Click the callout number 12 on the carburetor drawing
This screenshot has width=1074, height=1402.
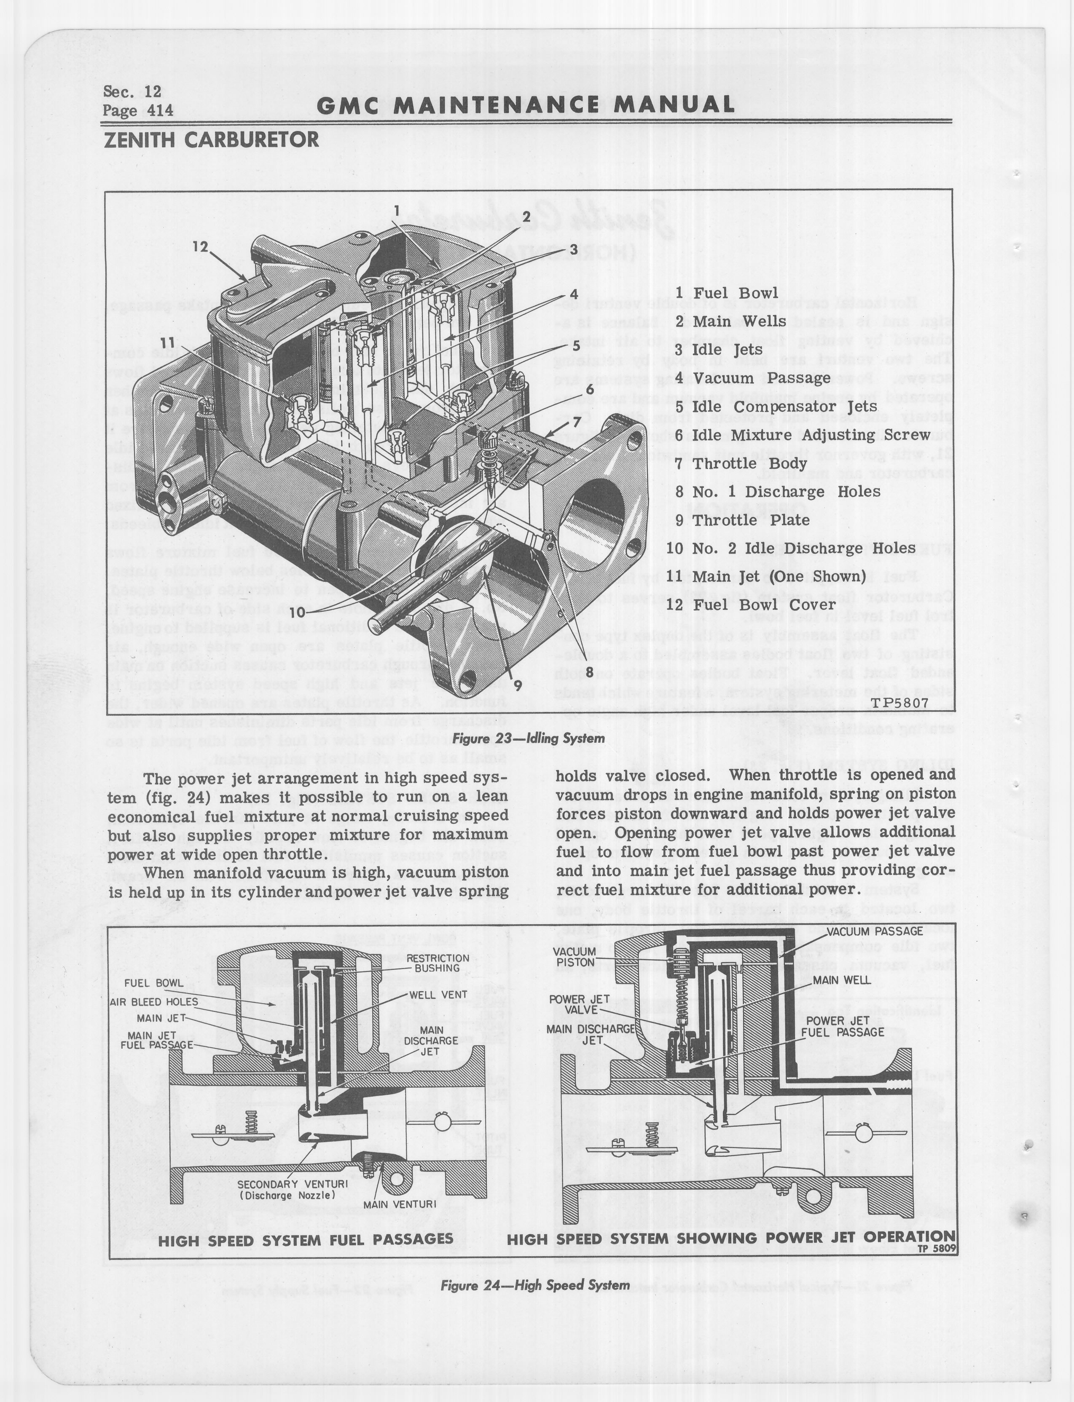coord(201,247)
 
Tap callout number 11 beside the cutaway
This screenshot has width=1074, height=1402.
coord(167,343)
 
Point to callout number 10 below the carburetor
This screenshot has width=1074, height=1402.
coord(297,612)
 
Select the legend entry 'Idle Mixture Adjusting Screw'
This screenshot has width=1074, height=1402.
coord(802,435)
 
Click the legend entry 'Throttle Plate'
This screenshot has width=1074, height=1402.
coord(741,520)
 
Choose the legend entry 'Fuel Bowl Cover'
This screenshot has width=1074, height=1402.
coord(751,605)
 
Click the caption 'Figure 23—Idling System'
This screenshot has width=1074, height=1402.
coord(528,738)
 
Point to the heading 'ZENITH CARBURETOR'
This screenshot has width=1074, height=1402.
coord(211,139)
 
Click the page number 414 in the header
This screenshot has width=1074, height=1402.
coord(160,110)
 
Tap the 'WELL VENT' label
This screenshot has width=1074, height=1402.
coord(438,995)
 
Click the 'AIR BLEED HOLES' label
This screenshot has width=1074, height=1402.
coord(153,1002)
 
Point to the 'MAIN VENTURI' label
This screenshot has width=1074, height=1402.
coord(400,1204)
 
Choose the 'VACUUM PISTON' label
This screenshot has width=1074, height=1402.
coord(575,957)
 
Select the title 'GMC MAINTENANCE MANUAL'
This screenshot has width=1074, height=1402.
coord(526,105)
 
